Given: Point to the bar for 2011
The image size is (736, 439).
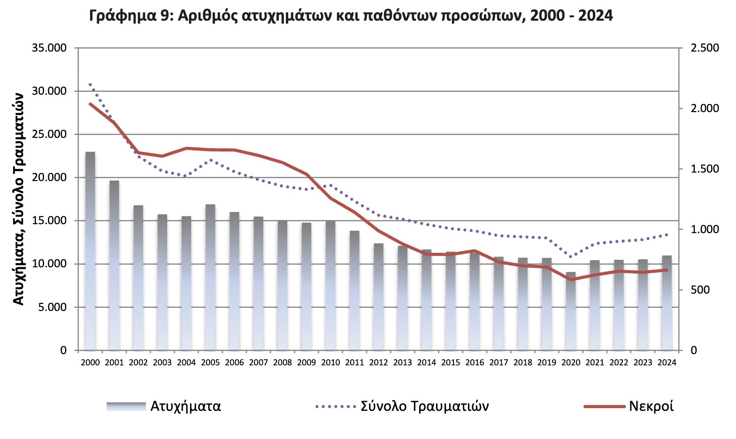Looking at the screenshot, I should click(x=354, y=290).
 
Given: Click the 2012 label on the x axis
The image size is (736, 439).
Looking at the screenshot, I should click(x=378, y=363).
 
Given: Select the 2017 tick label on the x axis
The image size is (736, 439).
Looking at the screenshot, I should click(x=498, y=363).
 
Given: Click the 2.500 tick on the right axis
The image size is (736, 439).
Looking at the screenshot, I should click(x=705, y=48).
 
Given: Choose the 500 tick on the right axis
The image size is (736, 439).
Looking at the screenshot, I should click(x=700, y=290).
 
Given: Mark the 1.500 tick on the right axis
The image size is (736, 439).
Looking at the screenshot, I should click(x=705, y=169).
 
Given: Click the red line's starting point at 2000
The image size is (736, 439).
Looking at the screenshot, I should click(x=90, y=104).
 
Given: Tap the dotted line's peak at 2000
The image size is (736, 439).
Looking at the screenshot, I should click(x=90, y=84).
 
